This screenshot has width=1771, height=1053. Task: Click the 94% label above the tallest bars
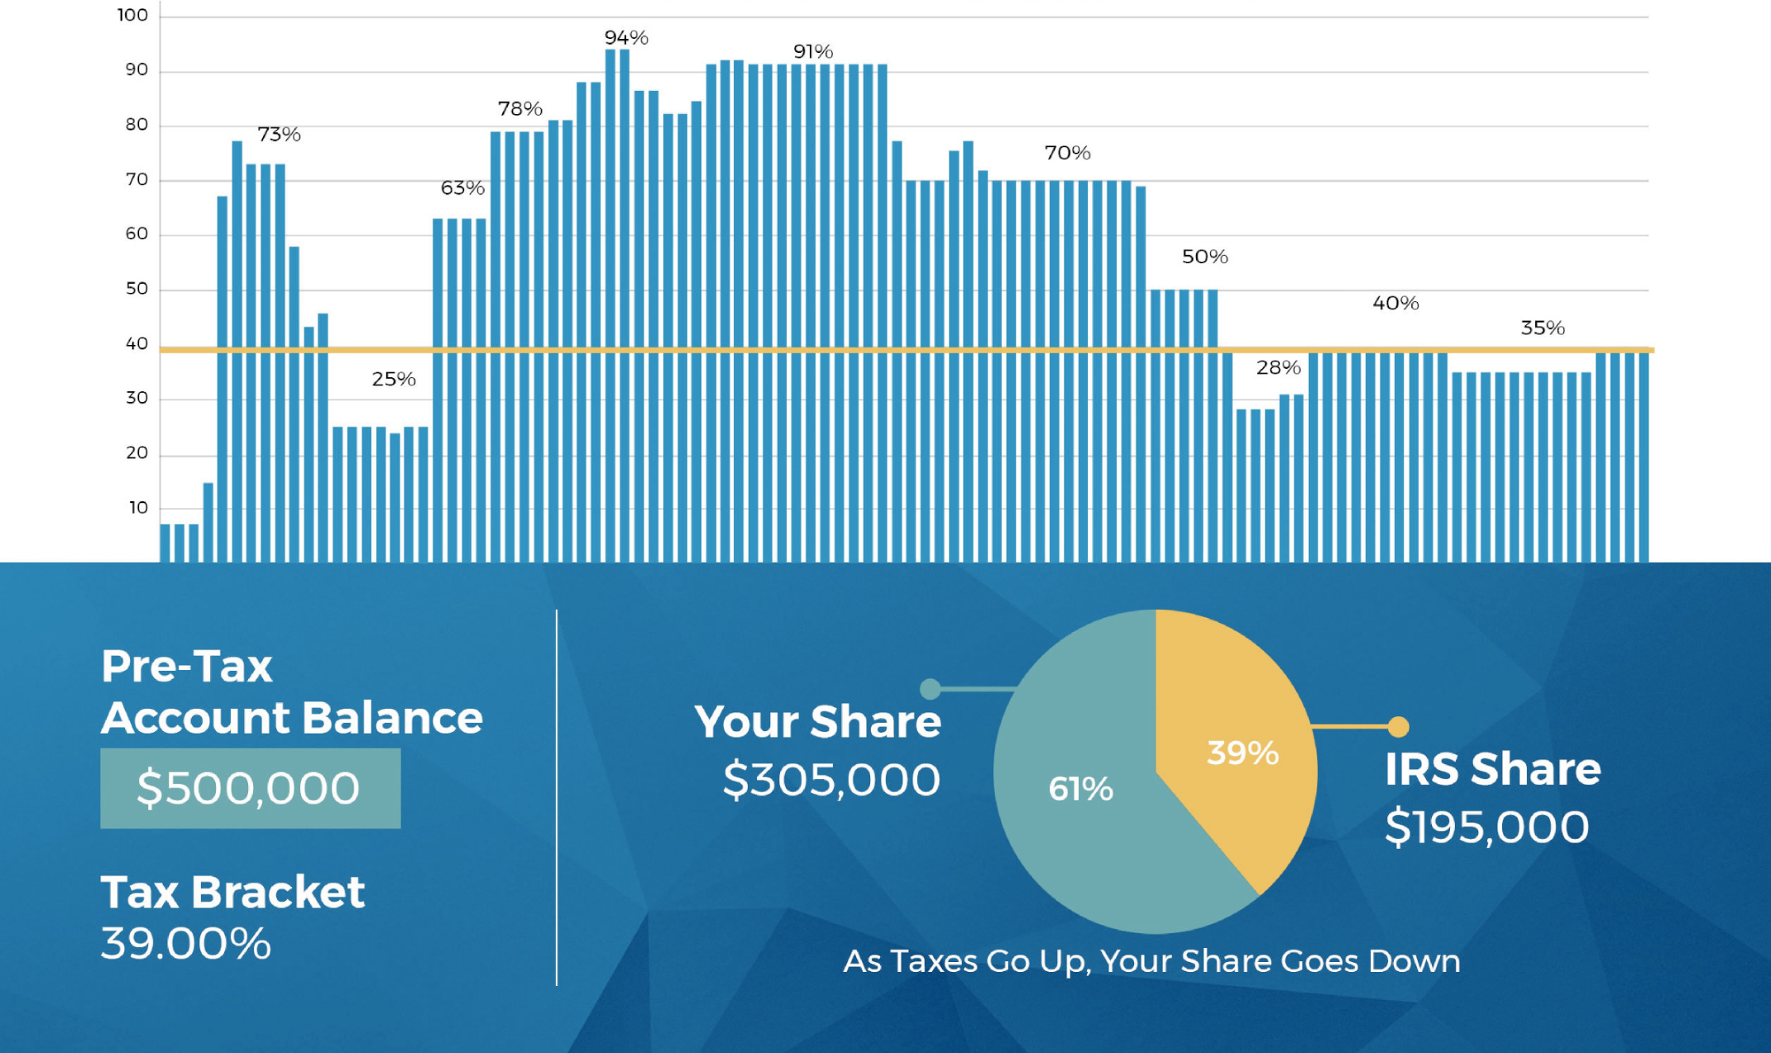pos(626,37)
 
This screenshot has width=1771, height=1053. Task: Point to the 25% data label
pos(394,379)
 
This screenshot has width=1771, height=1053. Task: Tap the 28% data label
pos(1278,367)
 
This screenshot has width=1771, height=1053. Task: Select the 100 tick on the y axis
pos(132,15)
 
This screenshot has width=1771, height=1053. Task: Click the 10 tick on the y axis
pos(138,507)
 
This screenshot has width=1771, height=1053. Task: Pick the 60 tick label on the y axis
pos(136,233)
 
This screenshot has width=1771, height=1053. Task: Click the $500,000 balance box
pos(250,787)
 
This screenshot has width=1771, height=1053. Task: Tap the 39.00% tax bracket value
pos(186,943)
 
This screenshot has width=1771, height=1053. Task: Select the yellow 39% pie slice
pos(1233,744)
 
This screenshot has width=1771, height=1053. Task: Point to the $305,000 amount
pos(831,779)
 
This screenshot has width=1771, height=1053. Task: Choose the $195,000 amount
pos(1487,826)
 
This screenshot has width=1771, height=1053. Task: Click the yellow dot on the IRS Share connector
pos(1398,726)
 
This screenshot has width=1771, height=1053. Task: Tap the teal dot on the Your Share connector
pos(930,688)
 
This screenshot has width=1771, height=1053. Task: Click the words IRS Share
pos(1493,768)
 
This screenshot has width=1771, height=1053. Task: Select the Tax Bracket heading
pos(232,892)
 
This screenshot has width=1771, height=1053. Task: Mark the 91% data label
pos(813,51)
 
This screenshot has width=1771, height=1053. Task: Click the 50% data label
pos(1204,256)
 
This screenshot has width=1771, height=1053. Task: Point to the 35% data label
pos(1543,328)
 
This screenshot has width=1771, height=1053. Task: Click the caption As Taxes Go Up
pos(1151,961)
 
